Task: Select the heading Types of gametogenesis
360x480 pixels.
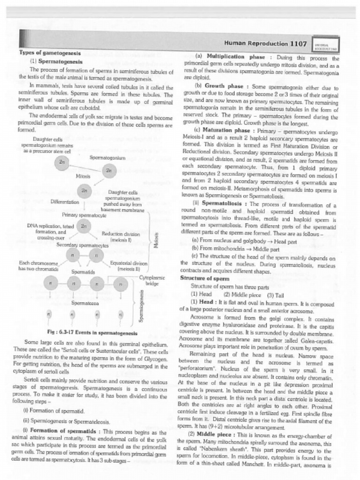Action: click(50, 53)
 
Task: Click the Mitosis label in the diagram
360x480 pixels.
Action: click(82, 176)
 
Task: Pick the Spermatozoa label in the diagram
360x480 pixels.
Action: click(84, 303)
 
